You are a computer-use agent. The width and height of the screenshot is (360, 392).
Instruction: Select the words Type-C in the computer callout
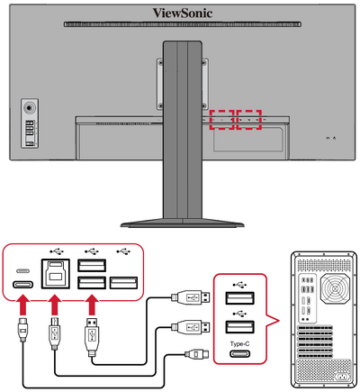point(238,342)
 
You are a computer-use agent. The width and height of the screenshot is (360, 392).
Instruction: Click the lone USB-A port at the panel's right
point(122,283)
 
